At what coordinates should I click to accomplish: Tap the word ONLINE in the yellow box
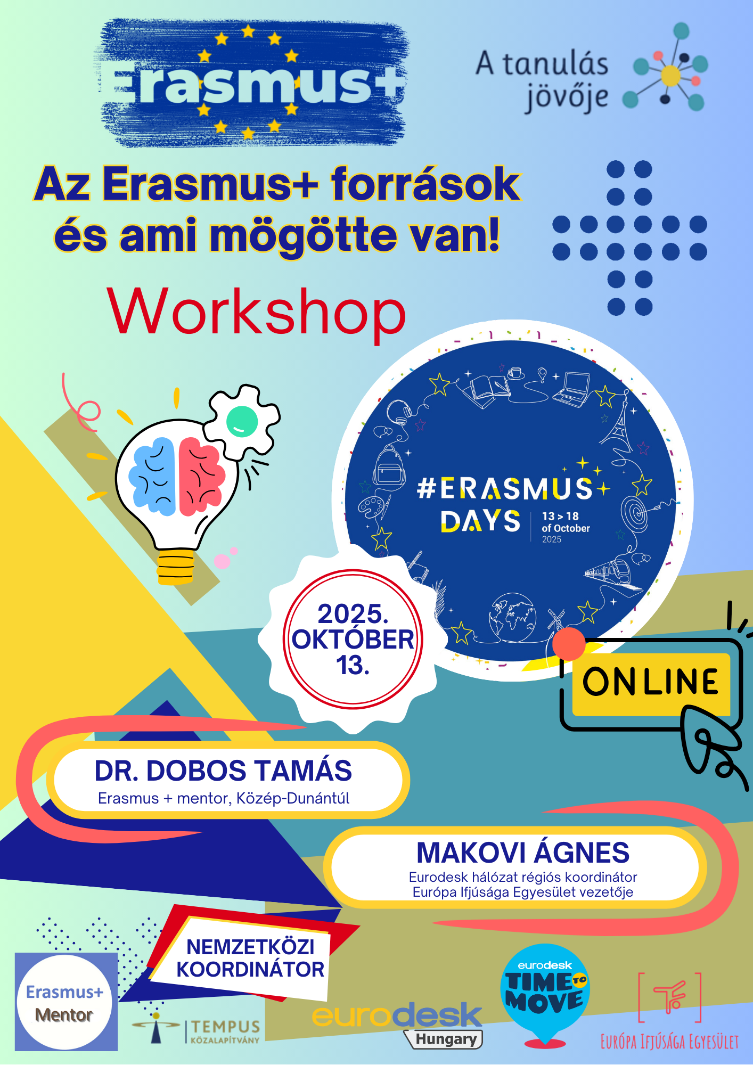(651, 682)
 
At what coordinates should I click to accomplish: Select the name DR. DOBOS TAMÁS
(223, 771)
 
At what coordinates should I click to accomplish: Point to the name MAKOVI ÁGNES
(523, 853)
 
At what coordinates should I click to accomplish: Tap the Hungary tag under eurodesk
(444, 1039)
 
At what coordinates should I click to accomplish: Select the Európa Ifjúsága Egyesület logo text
(669, 1042)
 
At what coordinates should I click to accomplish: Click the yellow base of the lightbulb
(176, 567)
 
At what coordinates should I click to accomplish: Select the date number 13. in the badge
(353, 665)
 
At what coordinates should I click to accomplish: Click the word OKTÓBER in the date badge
(353, 640)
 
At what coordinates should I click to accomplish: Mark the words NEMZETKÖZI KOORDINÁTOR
(250, 958)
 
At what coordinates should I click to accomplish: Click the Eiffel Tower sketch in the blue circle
(618, 424)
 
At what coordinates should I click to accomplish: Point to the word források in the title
(425, 184)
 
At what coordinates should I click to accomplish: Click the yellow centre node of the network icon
(670, 76)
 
